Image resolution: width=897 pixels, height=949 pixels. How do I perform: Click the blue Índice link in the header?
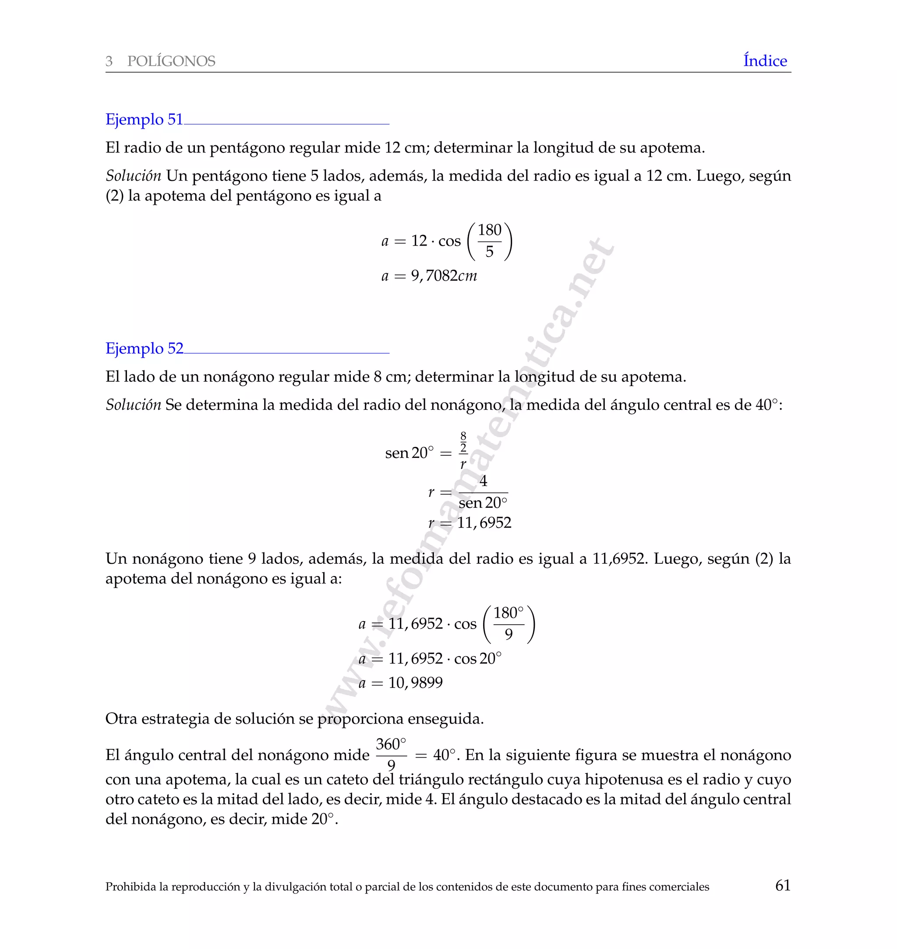pyautogui.click(x=765, y=61)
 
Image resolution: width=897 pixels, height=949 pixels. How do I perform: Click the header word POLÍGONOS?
pyautogui.click(x=171, y=61)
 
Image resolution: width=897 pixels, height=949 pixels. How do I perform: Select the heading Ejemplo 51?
pyautogui.click(x=144, y=119)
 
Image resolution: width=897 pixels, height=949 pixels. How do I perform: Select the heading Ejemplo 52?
pyautogui.click(x=144, y=348)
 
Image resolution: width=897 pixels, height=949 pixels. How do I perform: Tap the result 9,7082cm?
pyautogui.click(x=444, y=276)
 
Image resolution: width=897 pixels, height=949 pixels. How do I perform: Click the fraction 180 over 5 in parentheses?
pyautogui.click(x=489, y=240)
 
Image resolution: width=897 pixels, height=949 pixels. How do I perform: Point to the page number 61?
pyautogui.click(x=782, y=885)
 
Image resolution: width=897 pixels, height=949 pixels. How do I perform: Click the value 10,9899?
pyautogui.click(x=415, y=682)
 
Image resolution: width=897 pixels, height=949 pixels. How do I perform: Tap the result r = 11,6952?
pyautogui.click(x=470, y=522)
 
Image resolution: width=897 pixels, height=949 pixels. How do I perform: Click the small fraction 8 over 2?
pyautogui.click(x=463, y=443)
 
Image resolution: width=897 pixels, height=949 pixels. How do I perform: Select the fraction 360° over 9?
pyautogui.click(x=391, y=754)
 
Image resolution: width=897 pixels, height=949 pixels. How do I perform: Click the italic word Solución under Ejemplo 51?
pyautogui.click(x=133, y=176)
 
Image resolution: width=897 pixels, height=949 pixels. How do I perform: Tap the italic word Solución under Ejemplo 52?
pyautogui.click(x=133, y=405)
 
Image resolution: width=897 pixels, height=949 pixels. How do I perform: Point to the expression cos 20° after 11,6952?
pyautogui.click(x=477, y=658)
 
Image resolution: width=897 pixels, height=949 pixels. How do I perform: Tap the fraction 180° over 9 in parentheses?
pyautogui.click(x=508, y=624)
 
